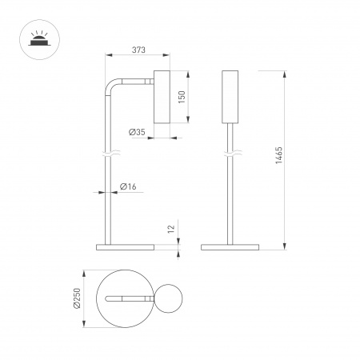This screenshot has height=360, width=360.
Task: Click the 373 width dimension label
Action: pyautogui.click(x=137, y=50)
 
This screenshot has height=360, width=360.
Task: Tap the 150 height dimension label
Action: pyautogui.click(x=182, y=97)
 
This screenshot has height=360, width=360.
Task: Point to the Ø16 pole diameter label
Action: pyautogui.click(x=127, y=186)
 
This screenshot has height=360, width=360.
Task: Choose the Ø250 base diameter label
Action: pyautogui.click(x=75, y=298)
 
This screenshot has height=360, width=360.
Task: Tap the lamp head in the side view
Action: pyautogui.click(x=161, y=97)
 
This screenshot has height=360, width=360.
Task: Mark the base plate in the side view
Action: pyautogui.click(x=123, y=246)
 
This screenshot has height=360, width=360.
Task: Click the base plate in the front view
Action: pyautogui.click(x=231, y=246)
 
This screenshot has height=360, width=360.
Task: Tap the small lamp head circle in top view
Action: pyautogui.click(x=170, y=298)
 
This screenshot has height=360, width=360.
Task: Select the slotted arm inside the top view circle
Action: pyautogui.click(x=128, y=298)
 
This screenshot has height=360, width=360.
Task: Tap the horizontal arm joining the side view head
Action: pyautogui.click(x=136, y=80)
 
